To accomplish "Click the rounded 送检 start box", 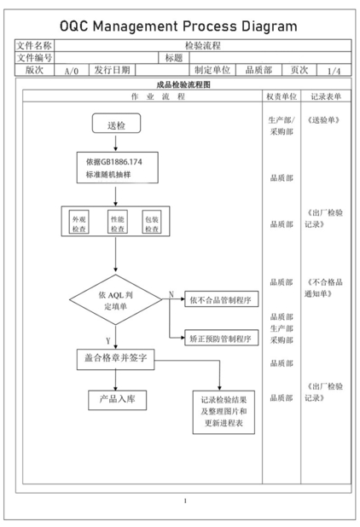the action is (x=116, y=123).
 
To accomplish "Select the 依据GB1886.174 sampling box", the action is (x=118, y=167).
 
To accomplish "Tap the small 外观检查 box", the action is (x=79, y=222).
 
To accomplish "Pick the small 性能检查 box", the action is (x=118, y=222).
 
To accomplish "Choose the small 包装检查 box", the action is (x=152, y=222).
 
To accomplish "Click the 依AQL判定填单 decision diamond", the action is (x=116, y=300).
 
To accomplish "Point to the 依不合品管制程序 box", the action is (x=222, y=299).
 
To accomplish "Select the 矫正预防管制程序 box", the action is (x=222, y=338).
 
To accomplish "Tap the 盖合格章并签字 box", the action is (x=116, y=359).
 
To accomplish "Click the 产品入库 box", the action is (x=118, y=400).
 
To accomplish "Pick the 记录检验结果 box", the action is (x=224, y=412).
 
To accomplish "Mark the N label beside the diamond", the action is (x=171, y=294).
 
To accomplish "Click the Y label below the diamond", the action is (x=107, y=341).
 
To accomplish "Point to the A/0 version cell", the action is (x=72, y=70).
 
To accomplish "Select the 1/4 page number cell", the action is (x=334, y=71).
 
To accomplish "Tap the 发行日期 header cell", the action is (x=112, y=70).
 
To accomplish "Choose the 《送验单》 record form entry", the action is (x=323, y=120).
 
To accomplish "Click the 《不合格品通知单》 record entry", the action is (x=323, y=287).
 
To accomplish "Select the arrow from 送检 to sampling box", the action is (x=116, y=143).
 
